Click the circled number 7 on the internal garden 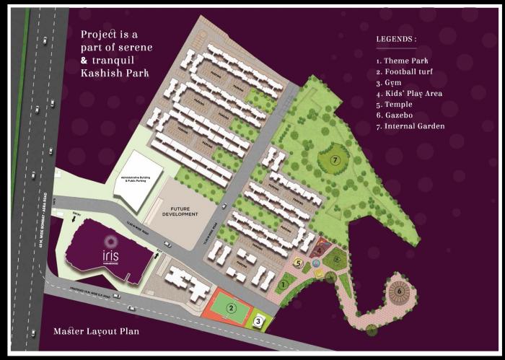click(x=335, y=159)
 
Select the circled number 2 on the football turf click(x=232, y=308)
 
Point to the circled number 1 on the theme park click(x=284, y=285)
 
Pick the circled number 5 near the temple click(x=298, y=263)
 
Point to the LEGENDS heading click(x=396, y=38)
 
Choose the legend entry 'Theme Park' click(x=404, y=61)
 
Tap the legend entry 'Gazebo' click(x=398, y=115)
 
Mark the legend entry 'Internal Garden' click(x=410, y=126)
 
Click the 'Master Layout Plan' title click(x=97, y=332)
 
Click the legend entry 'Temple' click(x=398, y=105)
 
